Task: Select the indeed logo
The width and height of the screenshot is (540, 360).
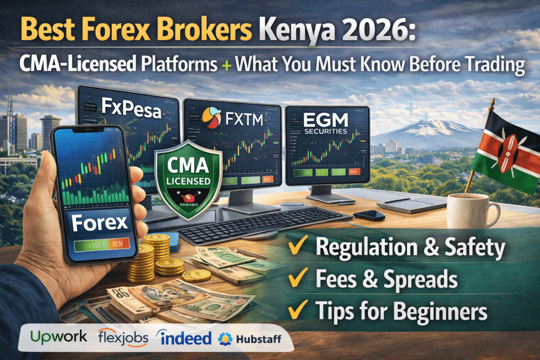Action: click(x=185, y=338)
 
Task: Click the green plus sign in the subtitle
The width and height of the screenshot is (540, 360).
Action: click(x=226, y=66)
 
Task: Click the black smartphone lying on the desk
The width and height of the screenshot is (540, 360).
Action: click(x=369, y=215)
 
